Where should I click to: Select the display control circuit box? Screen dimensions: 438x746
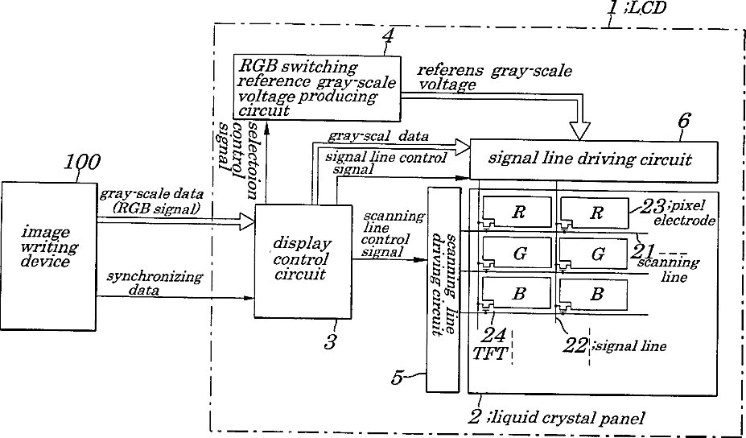303,260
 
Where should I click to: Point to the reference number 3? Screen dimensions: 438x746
329,342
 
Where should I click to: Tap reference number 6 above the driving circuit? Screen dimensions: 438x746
683,121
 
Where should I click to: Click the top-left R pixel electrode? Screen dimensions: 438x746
517,212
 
